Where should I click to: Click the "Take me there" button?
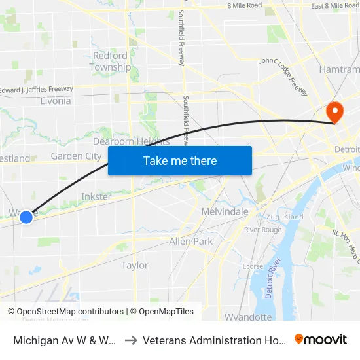pos(180,160)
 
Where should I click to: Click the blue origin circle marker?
pos(26,217)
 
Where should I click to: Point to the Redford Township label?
pos(110,62)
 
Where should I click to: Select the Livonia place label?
pos(55,101)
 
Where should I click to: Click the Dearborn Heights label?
pos(131,141)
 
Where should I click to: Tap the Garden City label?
pos(76,156)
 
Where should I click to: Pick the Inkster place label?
pos(96,196)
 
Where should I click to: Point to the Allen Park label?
pos(190,241)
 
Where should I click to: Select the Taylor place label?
pos(135,265)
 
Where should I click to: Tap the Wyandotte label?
pos(248,317)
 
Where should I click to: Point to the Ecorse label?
pos(253,266)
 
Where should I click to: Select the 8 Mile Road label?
pos(244,5)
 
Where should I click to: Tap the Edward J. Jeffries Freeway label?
pos(37,89)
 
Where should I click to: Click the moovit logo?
pos(321,339)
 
